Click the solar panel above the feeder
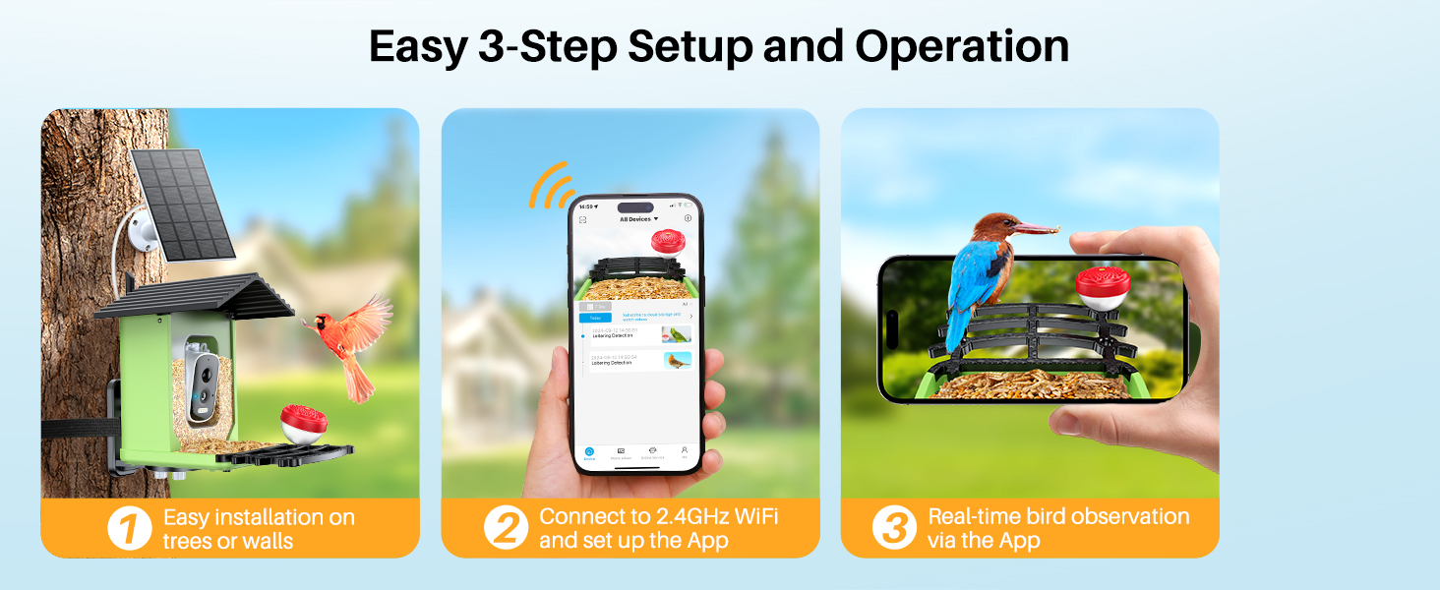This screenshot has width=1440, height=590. tap(182, 204)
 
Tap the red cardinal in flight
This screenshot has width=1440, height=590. tap(344, 339)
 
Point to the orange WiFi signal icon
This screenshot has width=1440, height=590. tap(552, 185)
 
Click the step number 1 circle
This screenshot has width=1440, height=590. tap(130, 528)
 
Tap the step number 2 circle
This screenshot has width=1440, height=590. tap(507, 528)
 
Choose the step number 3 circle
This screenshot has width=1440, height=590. tap(894, 528)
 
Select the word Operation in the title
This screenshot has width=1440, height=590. tap(961, 46)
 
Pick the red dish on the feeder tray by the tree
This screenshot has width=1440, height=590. tap(304, 422)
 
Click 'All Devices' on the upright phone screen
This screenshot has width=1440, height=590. tap(638, 218)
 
